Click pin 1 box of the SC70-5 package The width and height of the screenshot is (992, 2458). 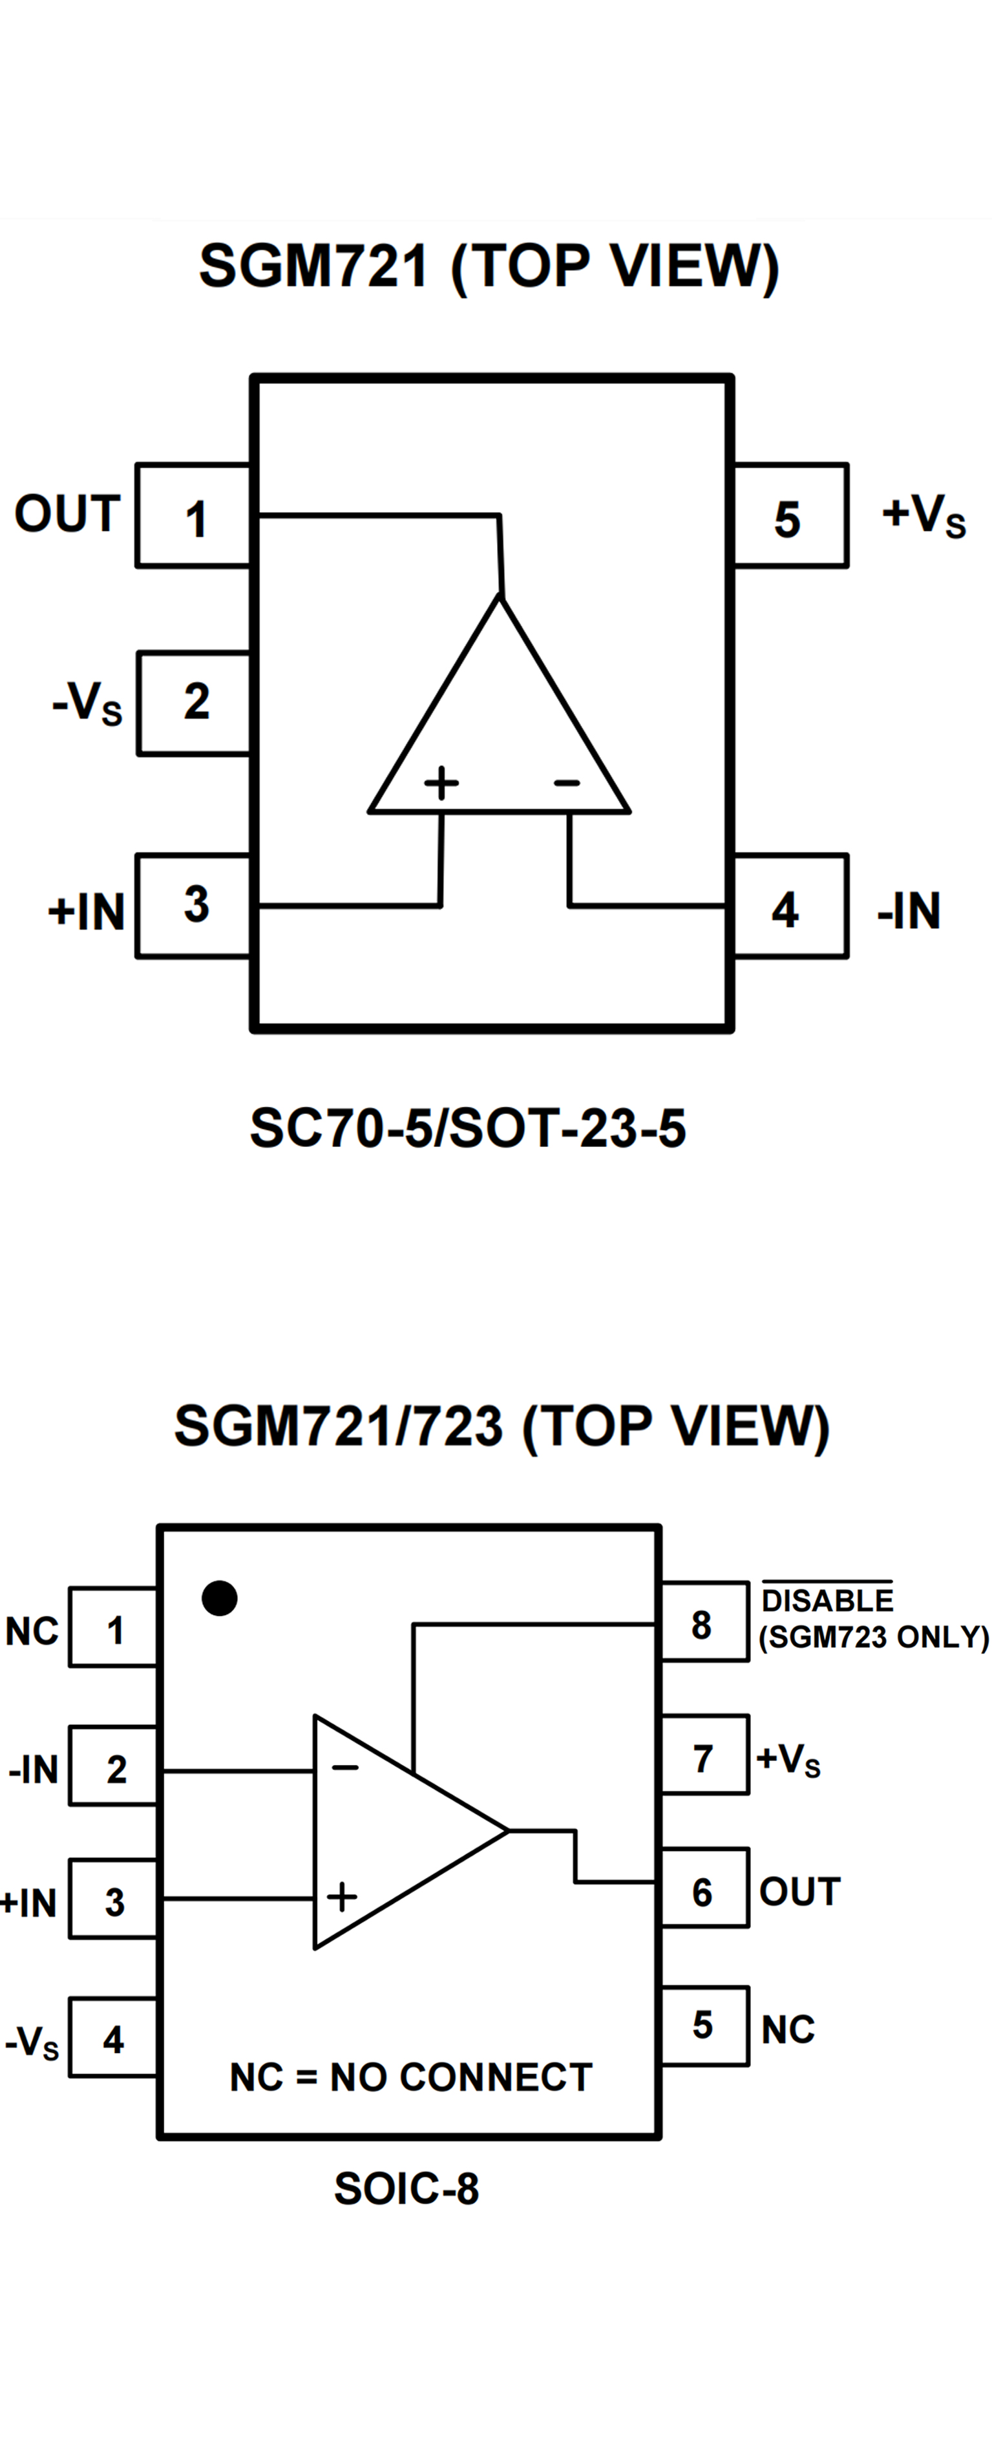click(195, 516)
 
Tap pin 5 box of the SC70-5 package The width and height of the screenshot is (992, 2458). click(789, 516)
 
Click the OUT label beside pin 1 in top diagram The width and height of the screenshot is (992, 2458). click(67, 515)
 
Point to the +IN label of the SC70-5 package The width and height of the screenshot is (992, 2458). click(86, 912)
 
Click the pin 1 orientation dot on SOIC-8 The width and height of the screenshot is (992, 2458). click(219, 1598)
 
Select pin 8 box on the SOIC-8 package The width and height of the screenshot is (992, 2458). click(704, 1622)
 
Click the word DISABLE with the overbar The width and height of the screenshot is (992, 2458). click(827, 1600)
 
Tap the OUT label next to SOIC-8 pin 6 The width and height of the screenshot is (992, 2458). click(799, 1891)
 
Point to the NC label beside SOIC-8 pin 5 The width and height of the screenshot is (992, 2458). click(788, 2029)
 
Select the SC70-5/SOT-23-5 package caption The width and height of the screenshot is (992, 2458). click(467, 1129)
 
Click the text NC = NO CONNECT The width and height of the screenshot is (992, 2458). click(411, 2077)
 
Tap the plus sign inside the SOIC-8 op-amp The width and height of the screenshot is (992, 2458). click(341, 1897)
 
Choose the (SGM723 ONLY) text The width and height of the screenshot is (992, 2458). click(874, 1638)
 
